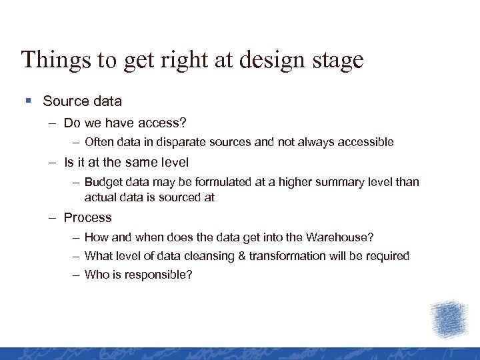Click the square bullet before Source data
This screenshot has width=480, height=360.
[28, 101]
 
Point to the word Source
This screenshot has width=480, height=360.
[65, 101]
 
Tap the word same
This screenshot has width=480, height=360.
[137, 162]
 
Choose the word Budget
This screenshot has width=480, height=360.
[103, 182]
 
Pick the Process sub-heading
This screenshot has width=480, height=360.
[87, 217]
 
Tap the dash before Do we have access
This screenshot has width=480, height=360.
[52, 123]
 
